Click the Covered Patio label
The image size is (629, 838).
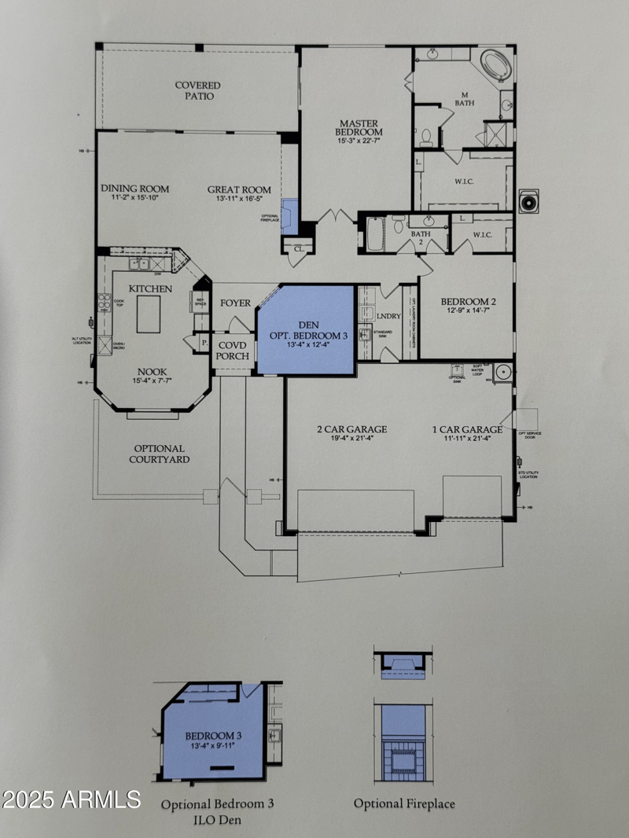point(197,90)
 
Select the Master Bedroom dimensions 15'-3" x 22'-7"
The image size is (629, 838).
point(359,142)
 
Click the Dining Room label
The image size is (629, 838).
point(134,189)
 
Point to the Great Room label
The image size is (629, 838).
point(239,189)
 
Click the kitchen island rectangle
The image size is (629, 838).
point(149,314)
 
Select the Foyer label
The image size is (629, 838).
point(235,303)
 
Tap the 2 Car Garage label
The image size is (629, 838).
point(351,429)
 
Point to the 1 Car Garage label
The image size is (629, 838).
point(467,429)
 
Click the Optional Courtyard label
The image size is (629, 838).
point(159,454)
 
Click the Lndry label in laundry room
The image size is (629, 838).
point(388,316)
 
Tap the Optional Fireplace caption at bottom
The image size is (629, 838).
point(404,803)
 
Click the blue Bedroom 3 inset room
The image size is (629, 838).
point(212,739)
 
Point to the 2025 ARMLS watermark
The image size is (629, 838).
point(71,799)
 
